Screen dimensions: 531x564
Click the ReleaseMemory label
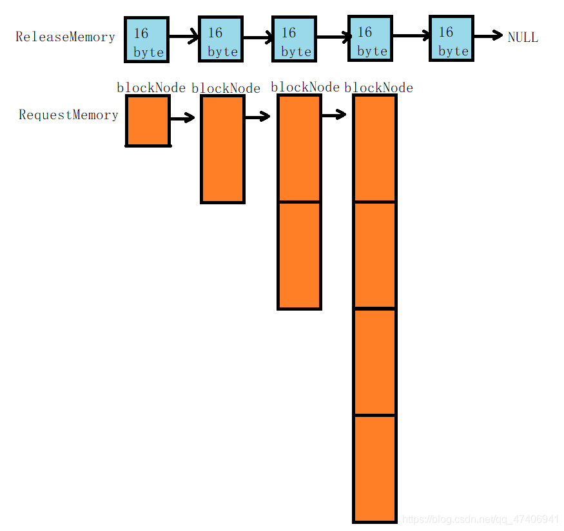[x=65, y=37]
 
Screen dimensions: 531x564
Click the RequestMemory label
[x=68, y=115]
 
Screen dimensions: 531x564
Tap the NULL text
[x=522, y=37]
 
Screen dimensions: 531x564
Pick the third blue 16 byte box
[x=294, y=40]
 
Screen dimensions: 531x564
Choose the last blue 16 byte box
[x=451, y=39]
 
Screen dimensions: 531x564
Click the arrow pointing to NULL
[x=487, y=36]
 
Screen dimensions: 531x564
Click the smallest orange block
[x=148, y=121]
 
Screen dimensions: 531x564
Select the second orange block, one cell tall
[x=222, y=149]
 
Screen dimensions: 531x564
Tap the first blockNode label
[x=151, y=88]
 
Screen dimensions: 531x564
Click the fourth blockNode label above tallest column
[x=379, y=88]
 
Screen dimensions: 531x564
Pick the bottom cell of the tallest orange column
[x=374, y=468]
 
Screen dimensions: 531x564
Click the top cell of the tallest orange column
[x=374, y=149]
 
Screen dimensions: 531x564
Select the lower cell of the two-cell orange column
[x=299, y=256]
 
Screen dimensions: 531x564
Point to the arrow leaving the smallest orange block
[x=182, y=118]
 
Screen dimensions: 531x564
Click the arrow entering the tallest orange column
[x=333, y=115]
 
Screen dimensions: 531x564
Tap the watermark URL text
[x=480, y=519]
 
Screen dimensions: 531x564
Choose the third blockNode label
[x=305, y=87]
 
